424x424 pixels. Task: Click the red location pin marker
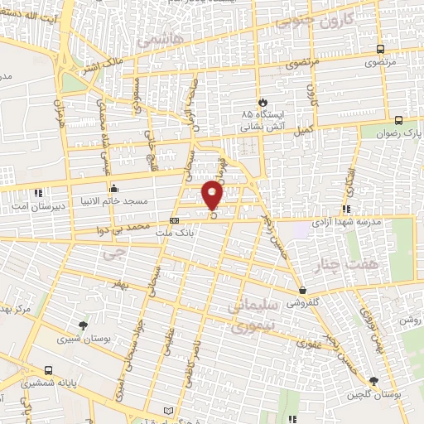[214, 195]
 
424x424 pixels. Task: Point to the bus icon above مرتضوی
[379, 49]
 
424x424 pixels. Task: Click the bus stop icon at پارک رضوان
[400, 120]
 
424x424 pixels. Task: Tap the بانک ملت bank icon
[174, 220]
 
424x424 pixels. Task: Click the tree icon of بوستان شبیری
[82, 325]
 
